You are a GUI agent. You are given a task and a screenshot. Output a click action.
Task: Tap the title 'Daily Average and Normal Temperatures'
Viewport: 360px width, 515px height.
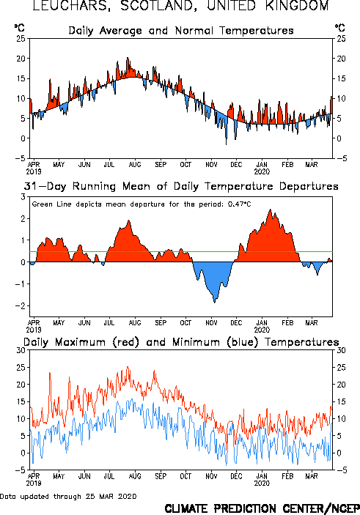point(181,31)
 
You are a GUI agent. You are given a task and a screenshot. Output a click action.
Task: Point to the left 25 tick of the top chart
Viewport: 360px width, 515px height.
point(21,38)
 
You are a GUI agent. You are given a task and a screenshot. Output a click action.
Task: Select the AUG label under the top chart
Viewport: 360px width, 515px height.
point(135,164)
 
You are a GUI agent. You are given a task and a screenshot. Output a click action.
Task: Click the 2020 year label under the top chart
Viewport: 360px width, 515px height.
point(262,171)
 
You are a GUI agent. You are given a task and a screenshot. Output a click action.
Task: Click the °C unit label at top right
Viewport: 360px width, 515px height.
point(339,28)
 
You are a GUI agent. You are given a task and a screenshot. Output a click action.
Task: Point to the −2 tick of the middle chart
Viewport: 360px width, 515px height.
point(21,305)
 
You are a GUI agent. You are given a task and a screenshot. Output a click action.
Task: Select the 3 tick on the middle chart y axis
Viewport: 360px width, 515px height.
point(23,197)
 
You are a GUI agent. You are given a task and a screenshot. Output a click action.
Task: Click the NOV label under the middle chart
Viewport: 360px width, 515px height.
point(211,322)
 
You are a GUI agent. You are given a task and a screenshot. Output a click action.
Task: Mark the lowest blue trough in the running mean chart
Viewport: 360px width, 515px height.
point(214,303)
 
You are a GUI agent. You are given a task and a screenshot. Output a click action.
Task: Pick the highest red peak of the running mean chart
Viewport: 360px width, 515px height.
point(271,210)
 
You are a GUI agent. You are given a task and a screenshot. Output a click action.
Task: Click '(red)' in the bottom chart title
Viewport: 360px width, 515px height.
point(125,342)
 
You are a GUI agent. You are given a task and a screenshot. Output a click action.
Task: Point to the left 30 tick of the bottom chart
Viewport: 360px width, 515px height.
point(21,350)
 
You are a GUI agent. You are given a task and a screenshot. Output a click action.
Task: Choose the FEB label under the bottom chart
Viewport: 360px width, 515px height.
point(287,476)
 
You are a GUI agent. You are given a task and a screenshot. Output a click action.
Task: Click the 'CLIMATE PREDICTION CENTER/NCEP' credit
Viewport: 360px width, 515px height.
point(262,508)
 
